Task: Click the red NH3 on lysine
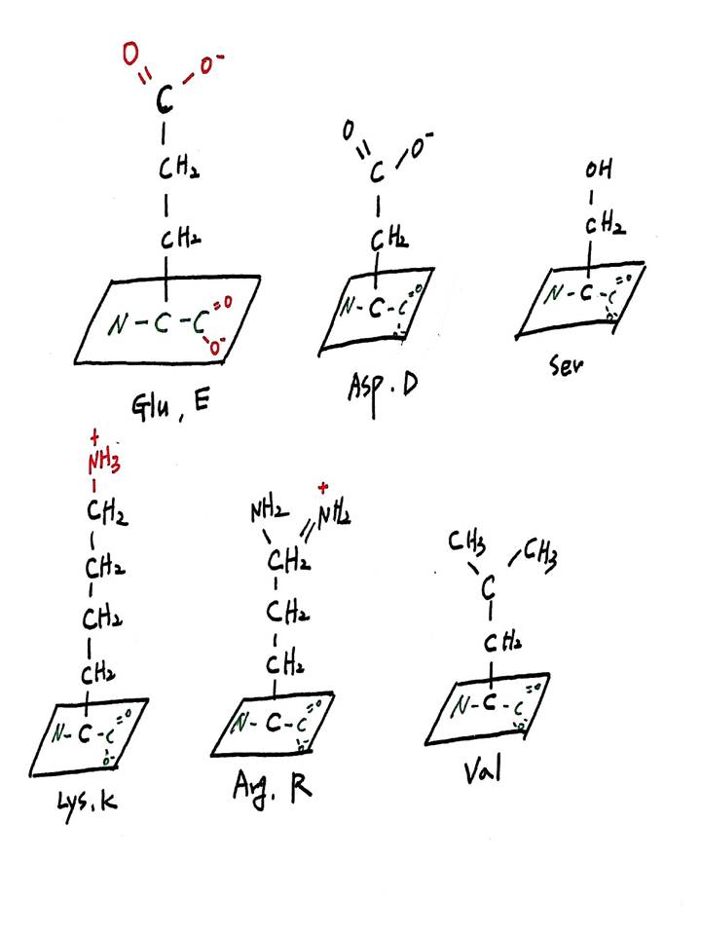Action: [x=101, y=462]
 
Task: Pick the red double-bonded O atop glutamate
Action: [x=130, y=55]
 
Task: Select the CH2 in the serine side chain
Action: [x=604, y=225]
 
